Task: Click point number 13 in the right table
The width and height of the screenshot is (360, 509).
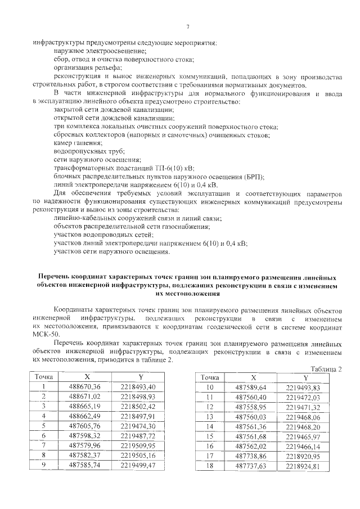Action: (210, 416)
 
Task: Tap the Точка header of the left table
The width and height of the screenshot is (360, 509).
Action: (43, 376)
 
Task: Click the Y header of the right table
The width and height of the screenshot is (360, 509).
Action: (304, 377)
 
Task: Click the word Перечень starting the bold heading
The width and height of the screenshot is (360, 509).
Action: (55, 277)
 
